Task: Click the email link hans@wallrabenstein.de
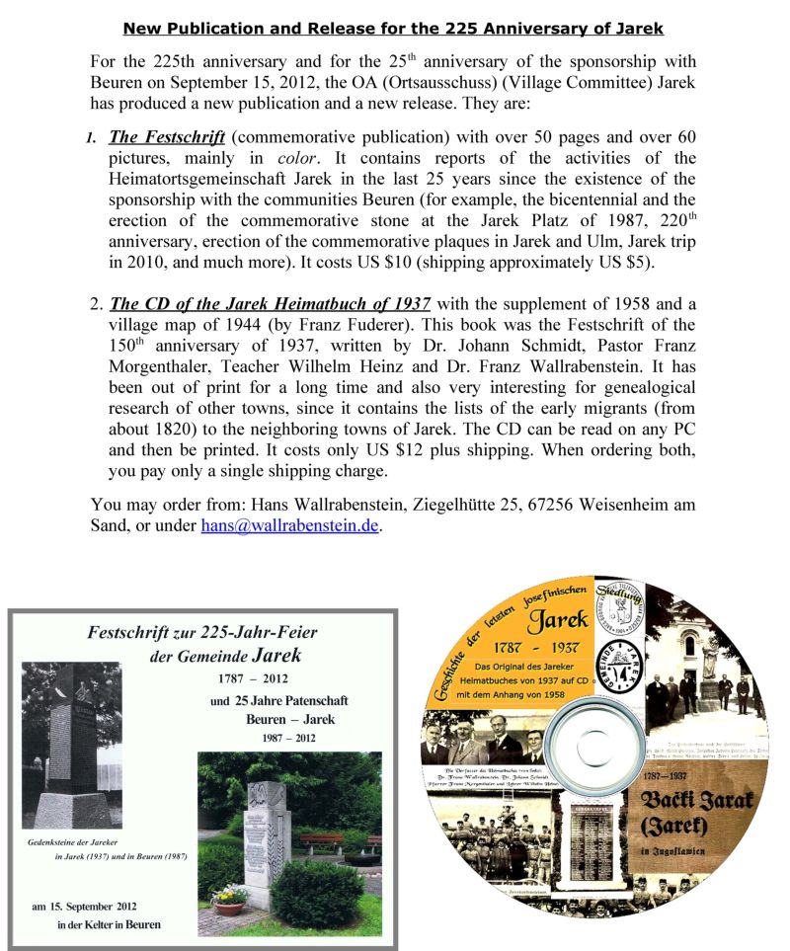(289, 526)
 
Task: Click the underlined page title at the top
(393, 28)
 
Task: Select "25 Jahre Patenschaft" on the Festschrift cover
(279, 700)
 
